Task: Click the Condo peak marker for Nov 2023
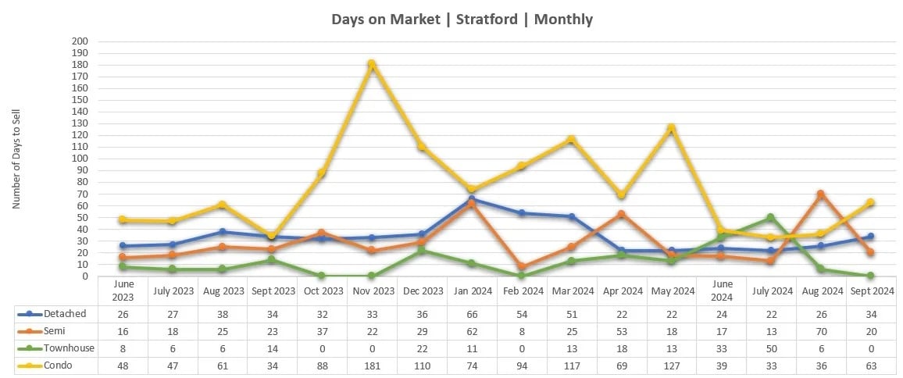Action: click(372, 64)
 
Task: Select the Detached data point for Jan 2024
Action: click(472, 199)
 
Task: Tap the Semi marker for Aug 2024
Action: click(821, 194)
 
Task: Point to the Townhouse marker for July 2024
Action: click(771, 217)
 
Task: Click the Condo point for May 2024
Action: click(671, 127)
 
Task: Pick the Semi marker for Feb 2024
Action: click(522, 266)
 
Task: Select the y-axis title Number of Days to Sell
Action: click(16, 159)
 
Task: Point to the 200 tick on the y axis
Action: click(80, 41)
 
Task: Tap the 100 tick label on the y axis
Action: click(80, 159)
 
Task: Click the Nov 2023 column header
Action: click(372, 291)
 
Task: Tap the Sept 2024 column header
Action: click(871, 291)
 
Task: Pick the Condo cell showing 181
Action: click(372, 365)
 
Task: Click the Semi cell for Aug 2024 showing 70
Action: click(821, 331)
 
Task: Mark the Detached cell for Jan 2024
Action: click(472, 314)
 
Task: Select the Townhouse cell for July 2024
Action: click(771, 348)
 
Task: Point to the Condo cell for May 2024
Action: click(671, 365)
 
